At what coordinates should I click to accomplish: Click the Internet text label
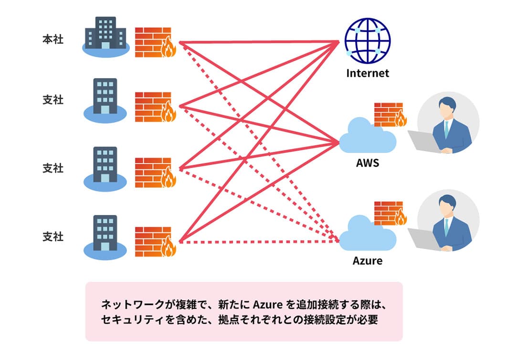(368, 73)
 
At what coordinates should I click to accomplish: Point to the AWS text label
(368, 163)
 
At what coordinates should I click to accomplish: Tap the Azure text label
(368, 261)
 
